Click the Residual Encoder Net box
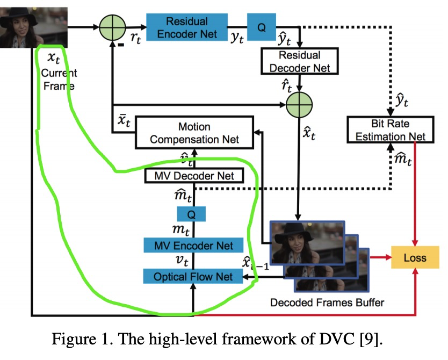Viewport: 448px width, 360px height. tap(187, 27)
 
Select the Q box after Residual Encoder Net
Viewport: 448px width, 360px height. tap(262, 27)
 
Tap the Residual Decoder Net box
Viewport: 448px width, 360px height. tap(299, 62)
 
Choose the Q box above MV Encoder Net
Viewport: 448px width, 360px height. tap(192, 214)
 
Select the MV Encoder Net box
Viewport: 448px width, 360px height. tap(193, 245)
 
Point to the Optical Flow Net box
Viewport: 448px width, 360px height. tap(193, 277)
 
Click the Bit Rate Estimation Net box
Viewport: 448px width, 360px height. tap(390, 130)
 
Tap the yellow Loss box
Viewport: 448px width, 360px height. tap(415, 258)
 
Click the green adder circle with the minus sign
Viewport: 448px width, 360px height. tap(112, 27)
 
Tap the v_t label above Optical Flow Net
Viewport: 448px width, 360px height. tap(183, 261)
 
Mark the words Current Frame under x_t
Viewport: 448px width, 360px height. tap(59, 79)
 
